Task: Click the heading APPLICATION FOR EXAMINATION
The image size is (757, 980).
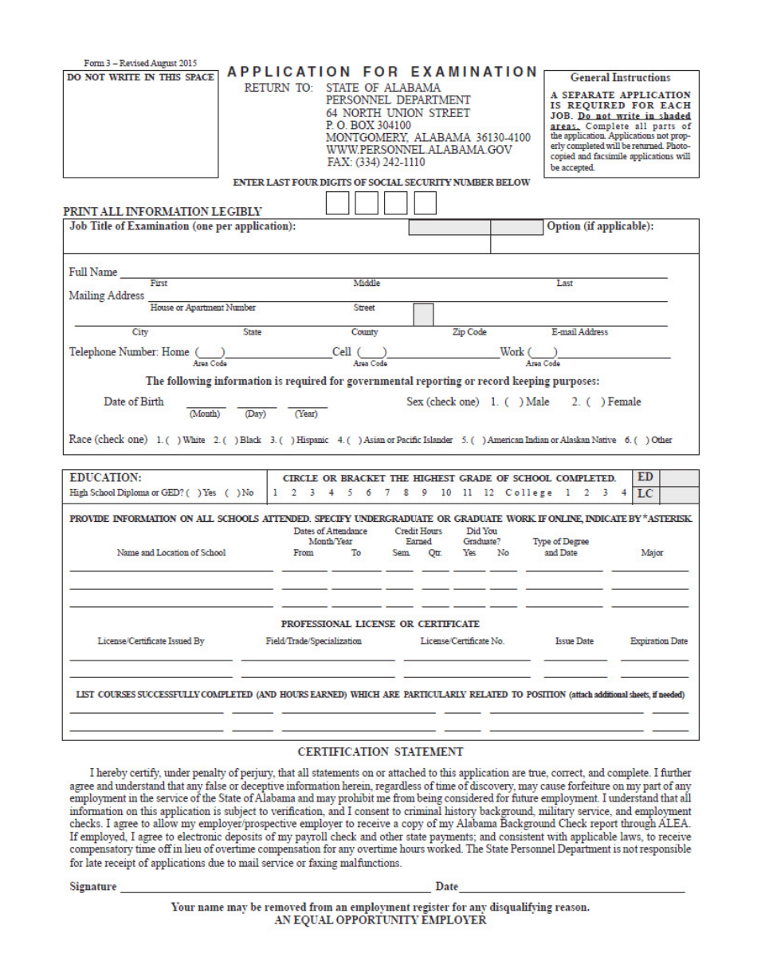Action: [x=381, y=71]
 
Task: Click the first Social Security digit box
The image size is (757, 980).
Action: [x=337, y=204]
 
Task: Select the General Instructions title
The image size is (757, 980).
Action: [x=620, y=78]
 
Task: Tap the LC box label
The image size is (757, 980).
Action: [x=649, y=495]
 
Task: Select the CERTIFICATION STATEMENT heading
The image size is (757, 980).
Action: [x=379, y=751]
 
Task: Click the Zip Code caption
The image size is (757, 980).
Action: [x=469, y=331]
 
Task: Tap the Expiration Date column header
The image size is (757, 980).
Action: [x=658, y=641]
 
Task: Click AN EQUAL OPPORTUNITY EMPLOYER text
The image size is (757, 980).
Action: [x=379, y=920]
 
